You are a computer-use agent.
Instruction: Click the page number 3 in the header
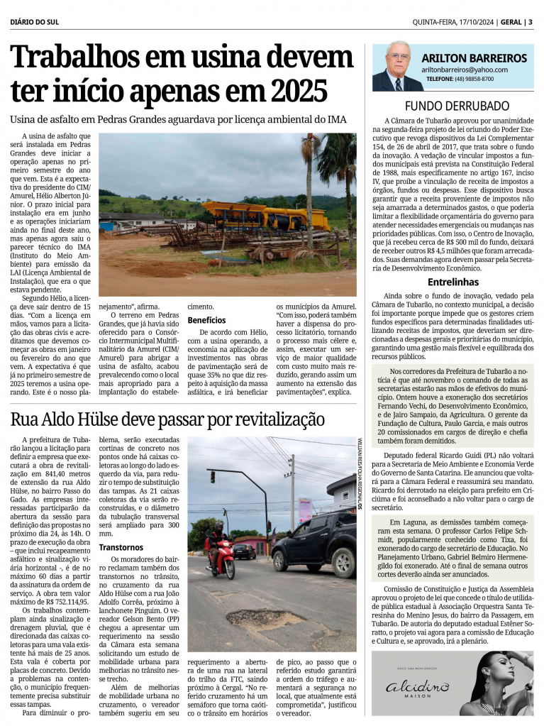(530, 21)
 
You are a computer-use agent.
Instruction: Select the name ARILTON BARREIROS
(474, 58)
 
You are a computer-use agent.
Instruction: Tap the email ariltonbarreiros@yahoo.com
(464, 70)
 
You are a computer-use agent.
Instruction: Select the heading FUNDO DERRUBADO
(457, 106)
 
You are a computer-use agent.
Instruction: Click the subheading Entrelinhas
(453, 282)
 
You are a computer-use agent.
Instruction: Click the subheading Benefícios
(207, 320)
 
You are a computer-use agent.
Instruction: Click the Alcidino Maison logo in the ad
(417, 686)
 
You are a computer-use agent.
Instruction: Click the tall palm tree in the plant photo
(309, 185)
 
